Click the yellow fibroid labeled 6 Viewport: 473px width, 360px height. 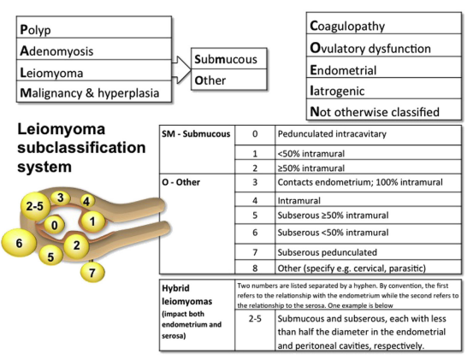coord(19,243)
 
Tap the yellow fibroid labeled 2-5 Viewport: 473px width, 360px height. coord(35,206)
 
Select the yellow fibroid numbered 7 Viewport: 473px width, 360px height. coord(92,272)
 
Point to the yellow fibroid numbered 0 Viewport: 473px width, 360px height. coord(54,225)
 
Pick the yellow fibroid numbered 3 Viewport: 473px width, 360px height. coord(61,198)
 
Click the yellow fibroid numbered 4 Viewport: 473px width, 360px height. coord(87,201)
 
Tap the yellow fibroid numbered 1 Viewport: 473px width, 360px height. coord(92,221)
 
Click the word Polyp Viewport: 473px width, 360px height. coord(35,30)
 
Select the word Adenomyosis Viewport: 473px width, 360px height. coord(56,51)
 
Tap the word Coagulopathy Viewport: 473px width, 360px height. coord(347,27)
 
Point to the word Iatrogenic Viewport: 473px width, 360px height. coord(337,91)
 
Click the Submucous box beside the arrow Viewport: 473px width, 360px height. coord(229,58)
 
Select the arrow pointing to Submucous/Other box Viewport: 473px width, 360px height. coord(181,69)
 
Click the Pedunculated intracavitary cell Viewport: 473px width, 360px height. coord(368,135)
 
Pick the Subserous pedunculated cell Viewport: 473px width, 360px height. coord(368,251)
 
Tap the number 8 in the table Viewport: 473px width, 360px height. coord(255,268)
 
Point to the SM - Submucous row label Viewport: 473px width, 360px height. coord(196,134)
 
